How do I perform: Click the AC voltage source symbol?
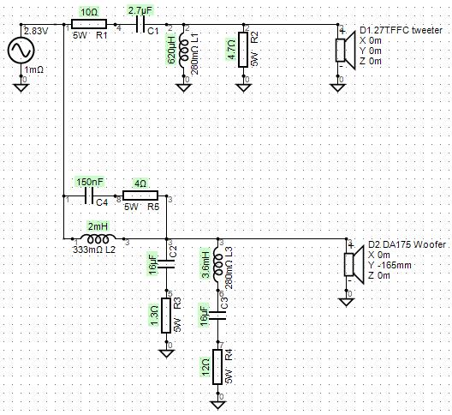(21, 50)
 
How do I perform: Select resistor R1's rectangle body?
(89, 24)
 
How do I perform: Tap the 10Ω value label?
(89, 12)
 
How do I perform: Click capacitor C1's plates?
(140, 24)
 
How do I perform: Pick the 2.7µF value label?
(140, 11)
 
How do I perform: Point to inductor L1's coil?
(184, 50)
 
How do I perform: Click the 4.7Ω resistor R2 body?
(243, 50)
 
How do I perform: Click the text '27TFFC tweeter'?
(405, 30)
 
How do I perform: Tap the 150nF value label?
(90, 182)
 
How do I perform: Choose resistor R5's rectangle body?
(140, 195)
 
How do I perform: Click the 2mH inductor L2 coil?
(98, 239)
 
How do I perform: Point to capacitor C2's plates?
(166, 264)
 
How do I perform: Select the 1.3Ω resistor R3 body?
(166, 316)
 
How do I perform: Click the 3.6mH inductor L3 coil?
(217, 264)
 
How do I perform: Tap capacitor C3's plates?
(217, 316)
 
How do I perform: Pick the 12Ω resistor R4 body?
(217, 367)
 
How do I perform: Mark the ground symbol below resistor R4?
(217, 405)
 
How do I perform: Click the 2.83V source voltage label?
(36, 31)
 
